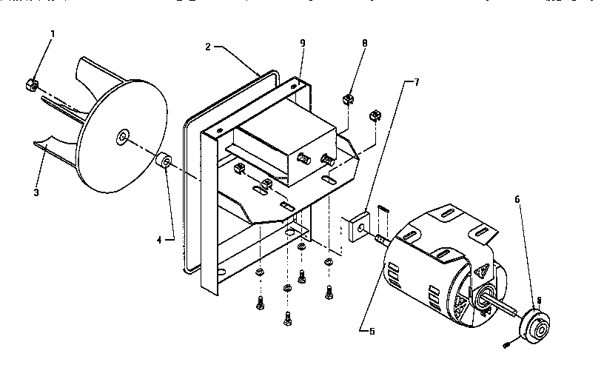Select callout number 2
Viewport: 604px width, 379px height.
point(208,47)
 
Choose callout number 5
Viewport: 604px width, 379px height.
point(372,331)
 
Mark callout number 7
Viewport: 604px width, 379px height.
point(415,82)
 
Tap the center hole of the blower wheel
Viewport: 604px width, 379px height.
point(122,137)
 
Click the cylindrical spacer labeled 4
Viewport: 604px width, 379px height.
point(164,161)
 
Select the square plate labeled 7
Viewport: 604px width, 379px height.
point(356,226)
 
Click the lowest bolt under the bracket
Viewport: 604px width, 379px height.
point(287,321)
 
